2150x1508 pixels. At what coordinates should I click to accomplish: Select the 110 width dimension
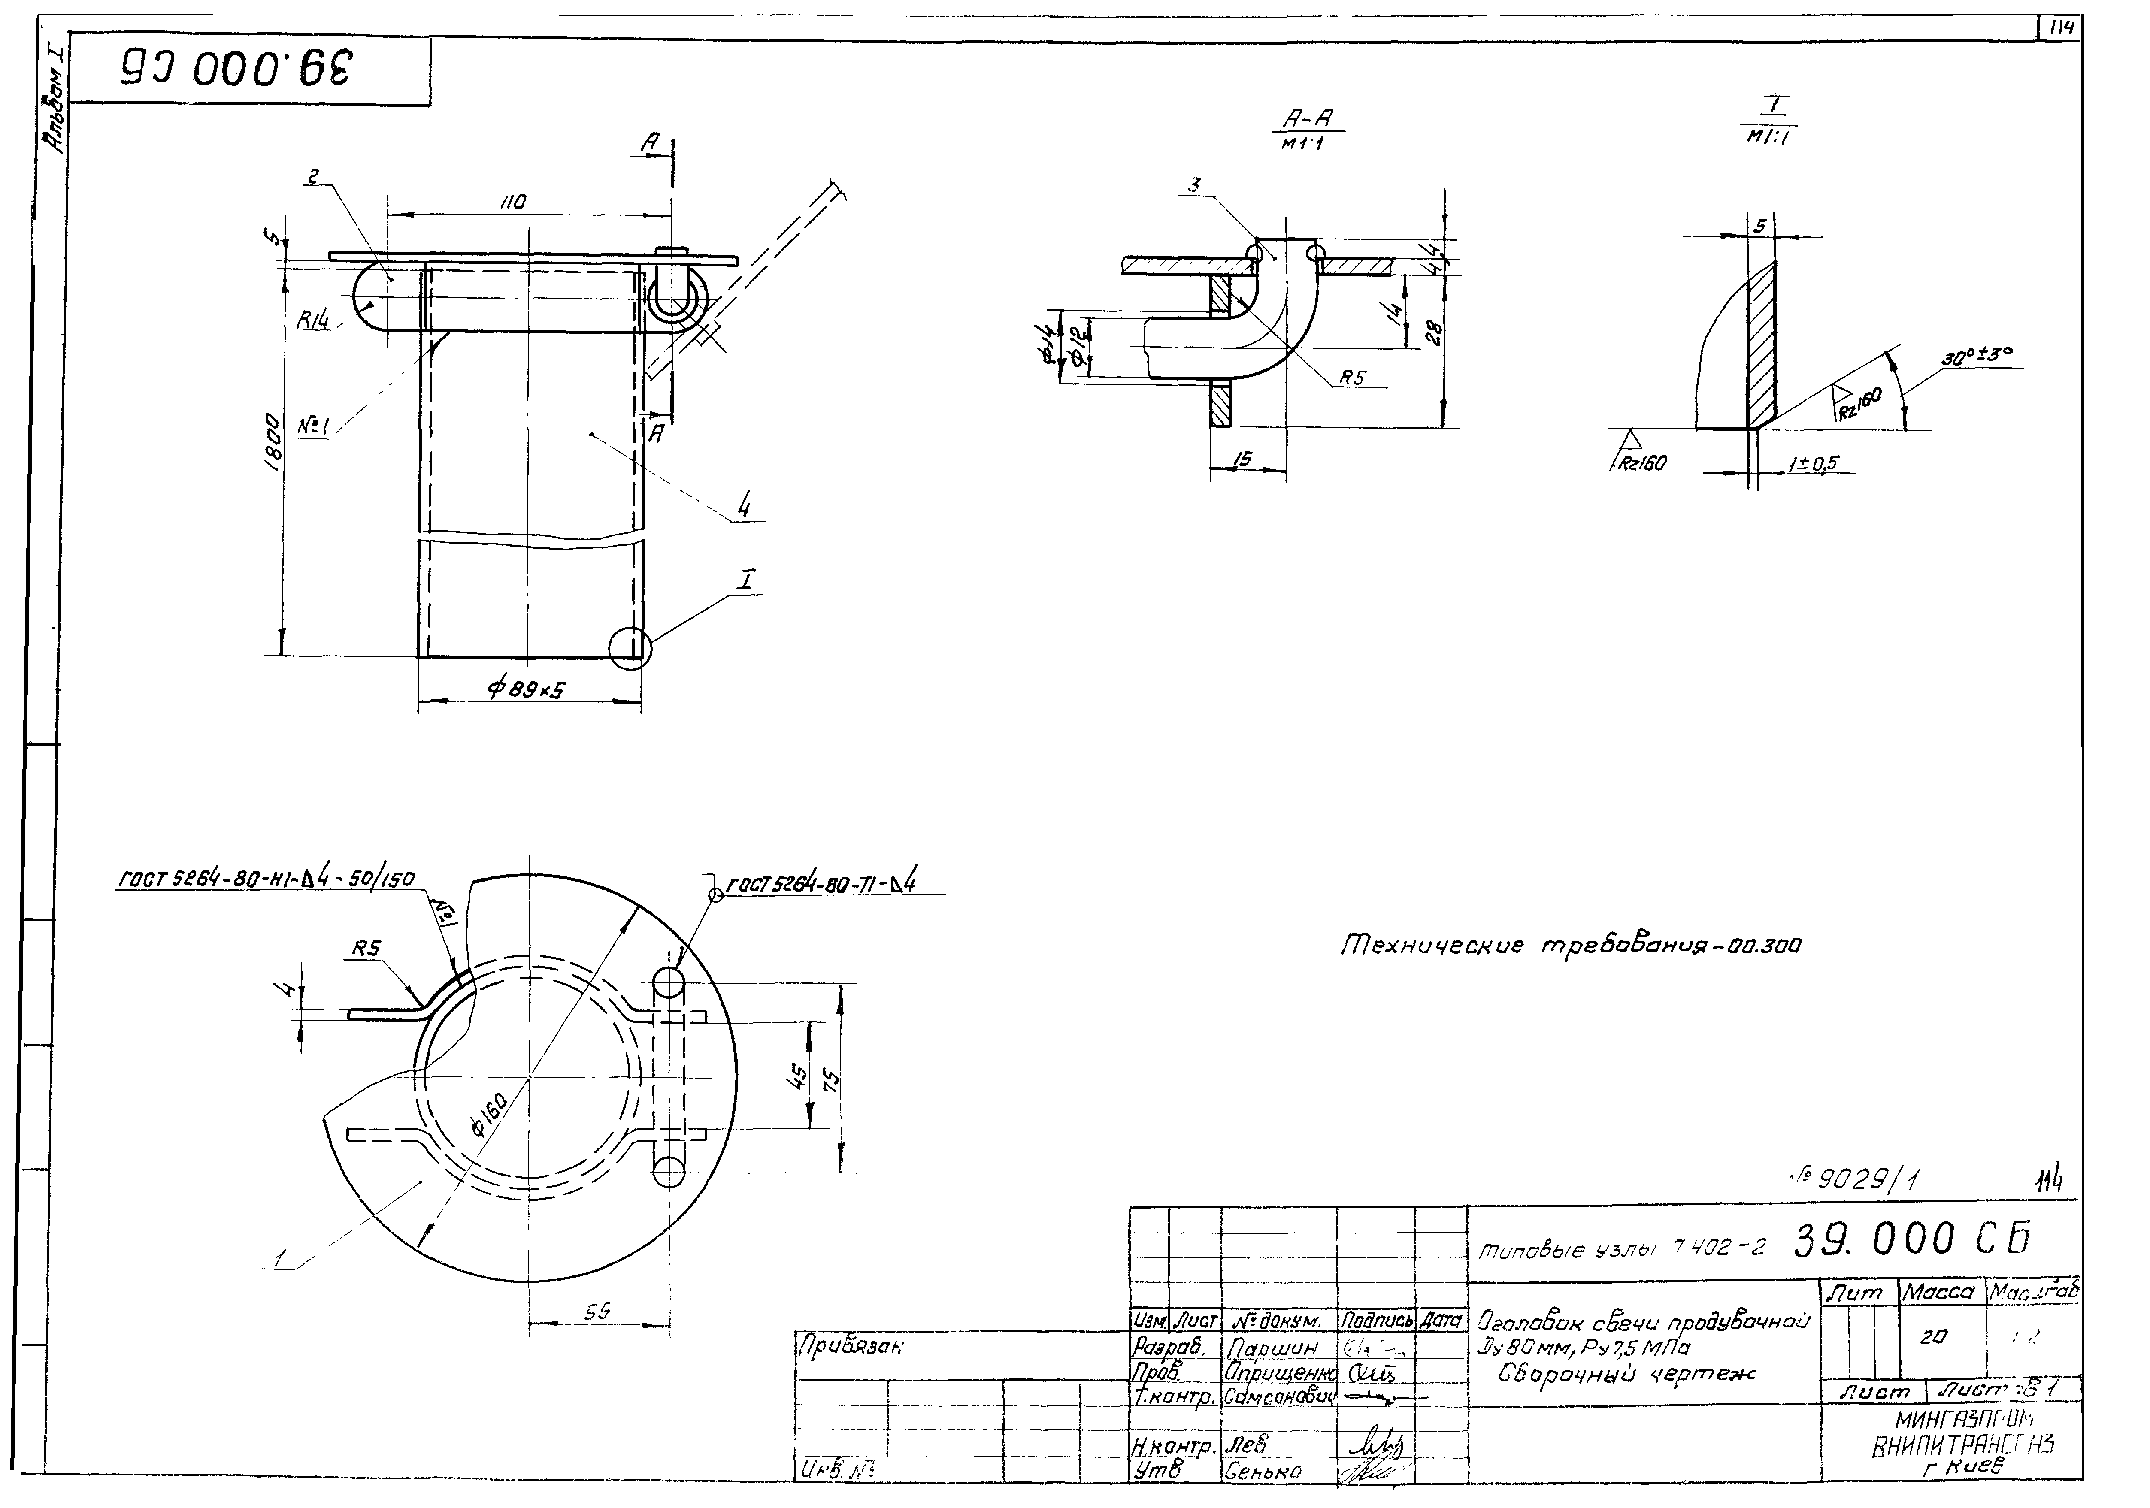tap(513, 202)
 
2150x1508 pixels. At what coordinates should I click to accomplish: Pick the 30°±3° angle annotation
tap(1976, 356)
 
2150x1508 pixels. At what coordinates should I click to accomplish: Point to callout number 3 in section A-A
tap(1194, 185)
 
